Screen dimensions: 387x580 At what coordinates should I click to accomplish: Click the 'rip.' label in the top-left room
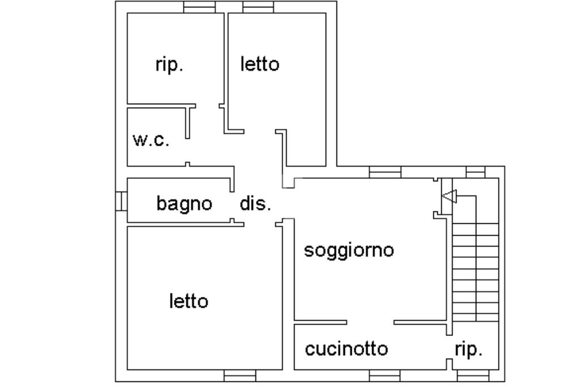[x=169, y=65]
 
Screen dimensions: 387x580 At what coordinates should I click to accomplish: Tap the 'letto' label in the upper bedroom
[x=259, y=64]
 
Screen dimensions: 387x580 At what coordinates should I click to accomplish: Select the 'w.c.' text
[x=151, y=140]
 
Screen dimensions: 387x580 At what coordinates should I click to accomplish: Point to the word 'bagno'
[x=184, y=203]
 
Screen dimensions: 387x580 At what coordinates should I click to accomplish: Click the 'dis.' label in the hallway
[x=255, y=203]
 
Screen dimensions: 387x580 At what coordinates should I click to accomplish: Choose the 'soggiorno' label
[x=349, y=250]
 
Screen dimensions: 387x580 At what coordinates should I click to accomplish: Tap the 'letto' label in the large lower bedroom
[x=189, y=301]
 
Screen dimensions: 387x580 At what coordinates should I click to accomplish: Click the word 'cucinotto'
[x=347, y=349]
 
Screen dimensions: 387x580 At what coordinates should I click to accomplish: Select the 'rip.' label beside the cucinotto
[x=468, y=349]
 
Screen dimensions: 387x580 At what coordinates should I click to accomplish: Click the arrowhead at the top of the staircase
[x=449, y=197]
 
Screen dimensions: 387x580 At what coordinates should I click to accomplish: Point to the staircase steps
[x=476, y=272]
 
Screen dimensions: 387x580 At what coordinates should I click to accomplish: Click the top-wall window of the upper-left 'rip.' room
[x=200, y=7]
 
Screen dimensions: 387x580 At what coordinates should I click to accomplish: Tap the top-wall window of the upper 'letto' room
[x=258, y=7]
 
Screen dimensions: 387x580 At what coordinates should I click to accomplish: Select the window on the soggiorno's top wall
[x=385, y=172]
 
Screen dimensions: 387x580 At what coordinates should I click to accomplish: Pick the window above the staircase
[x=475, y=172]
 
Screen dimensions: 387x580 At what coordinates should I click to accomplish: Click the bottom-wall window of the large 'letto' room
[x=240, y=376]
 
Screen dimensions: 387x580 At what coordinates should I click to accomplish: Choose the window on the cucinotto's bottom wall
[x=385, y=376]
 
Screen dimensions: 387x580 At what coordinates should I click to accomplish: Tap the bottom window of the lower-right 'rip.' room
[x=472, y=376]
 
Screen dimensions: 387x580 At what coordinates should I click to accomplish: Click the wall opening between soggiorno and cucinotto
[x=370, y=322]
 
